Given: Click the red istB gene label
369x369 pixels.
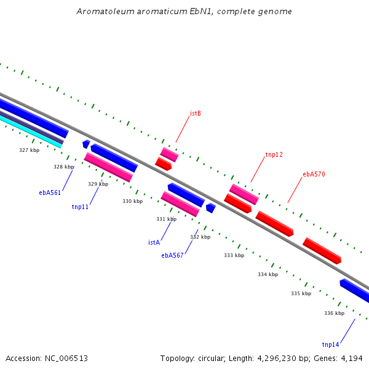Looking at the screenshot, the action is point(196,113).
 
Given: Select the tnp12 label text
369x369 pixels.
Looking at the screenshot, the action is point(274,154).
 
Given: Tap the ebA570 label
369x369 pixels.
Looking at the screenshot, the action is point(314,174).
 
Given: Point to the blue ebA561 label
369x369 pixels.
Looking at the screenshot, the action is point(50,192).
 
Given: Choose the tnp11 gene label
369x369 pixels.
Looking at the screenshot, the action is point(80,207).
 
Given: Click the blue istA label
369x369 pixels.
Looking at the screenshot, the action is point(154,242).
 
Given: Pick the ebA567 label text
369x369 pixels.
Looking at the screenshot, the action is point(172,255).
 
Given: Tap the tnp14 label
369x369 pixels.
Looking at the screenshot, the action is point(330,344).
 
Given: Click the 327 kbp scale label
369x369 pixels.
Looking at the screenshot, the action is point(29,150).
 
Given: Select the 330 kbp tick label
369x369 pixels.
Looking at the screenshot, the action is point(132,201).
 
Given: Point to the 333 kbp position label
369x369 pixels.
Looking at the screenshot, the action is point(234,255).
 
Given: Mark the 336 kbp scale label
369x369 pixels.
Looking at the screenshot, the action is point(334,313).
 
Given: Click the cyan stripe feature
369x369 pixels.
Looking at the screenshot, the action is point(31,132).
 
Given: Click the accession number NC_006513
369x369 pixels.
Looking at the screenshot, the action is point(66,359).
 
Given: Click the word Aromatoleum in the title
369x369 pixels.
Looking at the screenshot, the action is point(105,11).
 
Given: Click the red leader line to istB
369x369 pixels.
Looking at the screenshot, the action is point(183,129).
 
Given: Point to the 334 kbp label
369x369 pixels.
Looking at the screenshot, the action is point(268,274).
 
